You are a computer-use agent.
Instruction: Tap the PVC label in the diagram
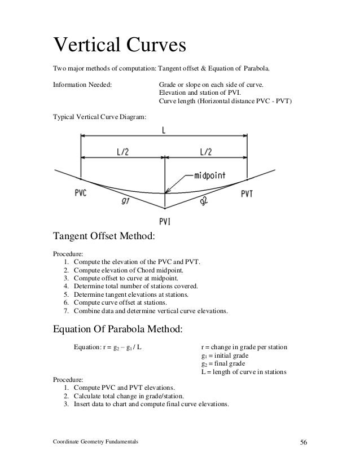(x=82, y=192)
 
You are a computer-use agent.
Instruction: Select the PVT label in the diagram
(x=248, y=194)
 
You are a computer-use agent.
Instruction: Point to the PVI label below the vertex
(x=165, y=220)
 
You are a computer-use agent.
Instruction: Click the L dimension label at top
(x=164, y=130)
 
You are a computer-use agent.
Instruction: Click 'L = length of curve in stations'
(x=244, y=372)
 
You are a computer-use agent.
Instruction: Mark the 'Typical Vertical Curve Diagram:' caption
(x=99, y=117)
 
